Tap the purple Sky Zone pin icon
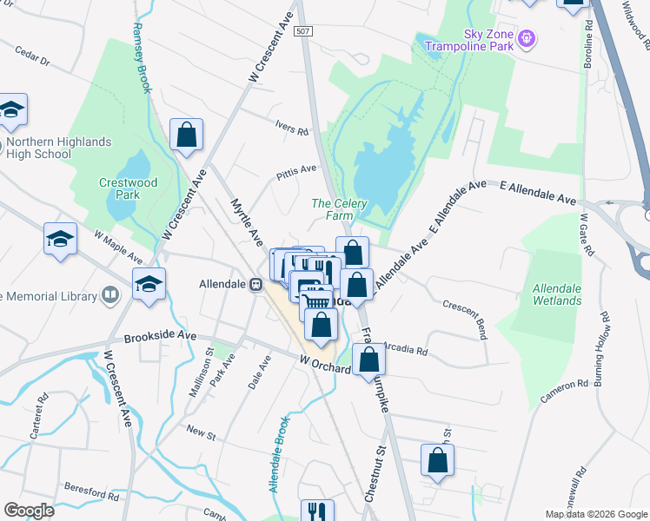[x=526, y=38]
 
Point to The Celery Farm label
[x=340, y=209]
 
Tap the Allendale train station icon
[x=255, y=284]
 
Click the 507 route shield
[x=302, y=30]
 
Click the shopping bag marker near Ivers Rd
[x=186, y=135]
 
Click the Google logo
[x=30, y=511]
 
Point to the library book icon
[x=110, y=296]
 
